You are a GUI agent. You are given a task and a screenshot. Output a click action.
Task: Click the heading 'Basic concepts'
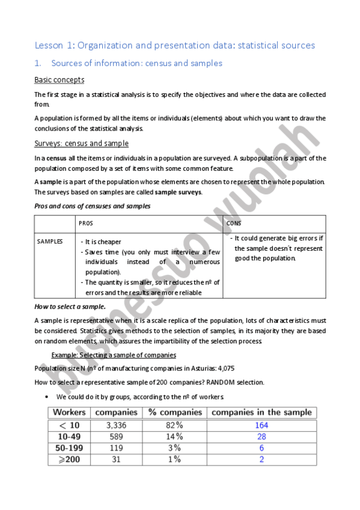[59, 79]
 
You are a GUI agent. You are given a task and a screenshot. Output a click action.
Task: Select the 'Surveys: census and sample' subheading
[81, 143]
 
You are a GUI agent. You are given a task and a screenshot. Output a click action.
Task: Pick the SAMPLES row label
[50, 241]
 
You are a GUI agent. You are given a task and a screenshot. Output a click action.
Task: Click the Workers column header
[69, 413]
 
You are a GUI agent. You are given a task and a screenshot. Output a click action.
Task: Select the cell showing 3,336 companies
[115, 425]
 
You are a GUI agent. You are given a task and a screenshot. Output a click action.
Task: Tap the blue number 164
[261, 425]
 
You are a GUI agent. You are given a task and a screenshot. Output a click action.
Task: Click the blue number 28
[261, 437]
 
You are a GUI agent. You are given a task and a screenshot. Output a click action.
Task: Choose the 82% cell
[174, 425]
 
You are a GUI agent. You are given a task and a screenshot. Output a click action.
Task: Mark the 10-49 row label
[69, 437]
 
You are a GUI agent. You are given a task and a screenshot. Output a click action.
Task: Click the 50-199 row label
[69, 448]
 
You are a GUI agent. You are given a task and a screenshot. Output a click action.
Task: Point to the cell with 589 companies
[115, 437]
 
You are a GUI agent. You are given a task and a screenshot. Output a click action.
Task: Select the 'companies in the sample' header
[261, 413]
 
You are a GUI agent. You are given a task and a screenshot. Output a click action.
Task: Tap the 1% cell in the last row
[174, 459]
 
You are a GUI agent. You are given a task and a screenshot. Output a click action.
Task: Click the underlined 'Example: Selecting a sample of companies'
[114, 355]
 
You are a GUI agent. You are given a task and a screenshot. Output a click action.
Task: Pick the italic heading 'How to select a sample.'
[70, 306]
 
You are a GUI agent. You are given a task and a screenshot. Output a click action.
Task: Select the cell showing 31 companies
[115, 459]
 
